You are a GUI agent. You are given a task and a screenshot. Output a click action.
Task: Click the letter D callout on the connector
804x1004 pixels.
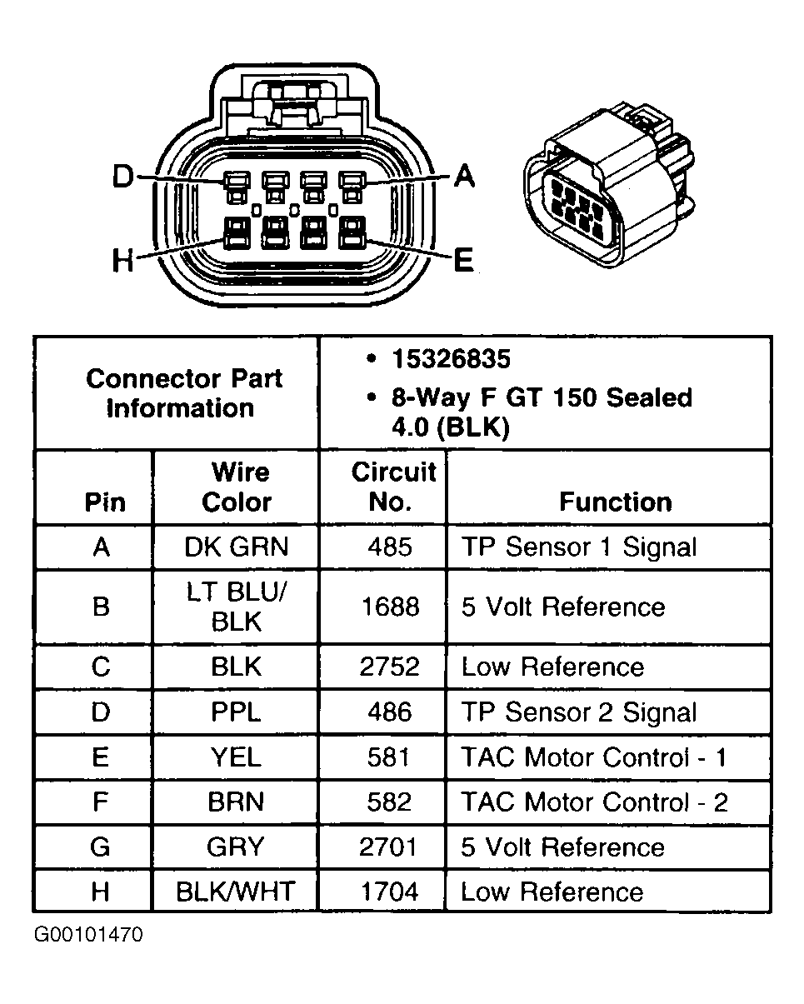[x=123, y=177]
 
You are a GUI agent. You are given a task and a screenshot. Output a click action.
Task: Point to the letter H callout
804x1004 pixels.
[x=123, y=261]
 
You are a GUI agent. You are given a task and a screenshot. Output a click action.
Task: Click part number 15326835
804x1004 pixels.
[x=451, y=359]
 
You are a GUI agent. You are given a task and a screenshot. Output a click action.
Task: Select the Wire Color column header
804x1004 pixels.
[x=237, y=487]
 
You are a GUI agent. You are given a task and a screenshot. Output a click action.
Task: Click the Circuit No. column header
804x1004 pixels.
[x=392, y=487]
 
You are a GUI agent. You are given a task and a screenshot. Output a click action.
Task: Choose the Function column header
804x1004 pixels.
[x=615, y=502]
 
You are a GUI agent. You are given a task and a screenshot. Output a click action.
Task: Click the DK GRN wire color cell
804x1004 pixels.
[x=237, y=547]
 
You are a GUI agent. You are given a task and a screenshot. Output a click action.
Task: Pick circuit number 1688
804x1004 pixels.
[x=390, y=607]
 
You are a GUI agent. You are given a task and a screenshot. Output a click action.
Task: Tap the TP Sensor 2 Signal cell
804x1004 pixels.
[x=579, y=712]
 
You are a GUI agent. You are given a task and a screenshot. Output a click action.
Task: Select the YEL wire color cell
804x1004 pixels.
[x=237, y=757]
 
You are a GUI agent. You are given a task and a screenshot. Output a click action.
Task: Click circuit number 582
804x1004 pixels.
[x=390, y=802]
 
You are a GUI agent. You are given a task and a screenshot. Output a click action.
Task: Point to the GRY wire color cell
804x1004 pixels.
[x=237, y=847]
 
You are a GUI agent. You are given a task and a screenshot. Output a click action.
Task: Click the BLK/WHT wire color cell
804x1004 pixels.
[x=236, y=892]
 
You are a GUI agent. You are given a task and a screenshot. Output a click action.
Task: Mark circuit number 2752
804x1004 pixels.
[x=390, y=667]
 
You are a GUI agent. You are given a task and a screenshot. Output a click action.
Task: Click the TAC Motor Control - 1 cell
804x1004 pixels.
[x=594, y=757]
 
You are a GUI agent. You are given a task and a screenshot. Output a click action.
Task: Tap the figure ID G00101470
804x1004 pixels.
[x=88, y=935]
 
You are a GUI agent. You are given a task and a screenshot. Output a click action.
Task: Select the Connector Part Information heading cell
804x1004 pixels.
[x=183, y=393]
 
